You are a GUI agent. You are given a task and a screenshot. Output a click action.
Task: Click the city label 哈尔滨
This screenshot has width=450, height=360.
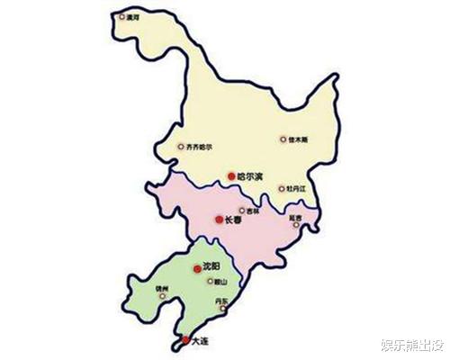coord(249,176)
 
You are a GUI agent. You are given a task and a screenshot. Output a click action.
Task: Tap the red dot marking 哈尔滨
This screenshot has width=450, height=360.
coord(231,176)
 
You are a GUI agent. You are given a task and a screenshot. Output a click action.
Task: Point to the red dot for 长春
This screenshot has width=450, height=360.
coord(220,219)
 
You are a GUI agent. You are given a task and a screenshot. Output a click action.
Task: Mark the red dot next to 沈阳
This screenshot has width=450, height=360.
coord(196,268)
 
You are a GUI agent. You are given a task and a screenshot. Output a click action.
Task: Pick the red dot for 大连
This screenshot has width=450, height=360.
coord(185,340)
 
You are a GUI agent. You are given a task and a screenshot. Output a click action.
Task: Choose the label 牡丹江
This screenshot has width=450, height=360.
coord(296,189)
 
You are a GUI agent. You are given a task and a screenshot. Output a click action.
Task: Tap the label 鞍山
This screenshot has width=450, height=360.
coord(215,281)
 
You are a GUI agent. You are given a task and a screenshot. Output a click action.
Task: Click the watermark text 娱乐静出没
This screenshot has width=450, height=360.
coord(412,345)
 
